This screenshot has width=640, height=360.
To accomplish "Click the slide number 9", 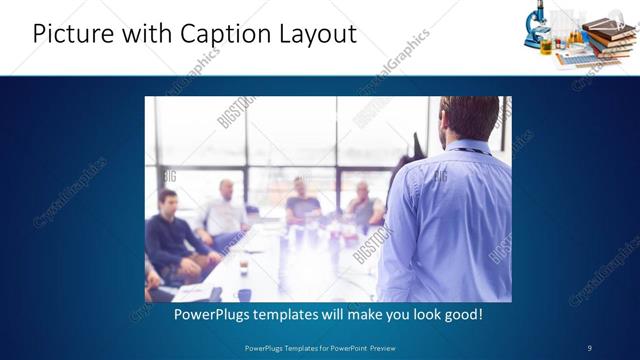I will tap(589, 347).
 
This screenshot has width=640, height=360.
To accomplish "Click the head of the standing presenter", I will tap(470, 118).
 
